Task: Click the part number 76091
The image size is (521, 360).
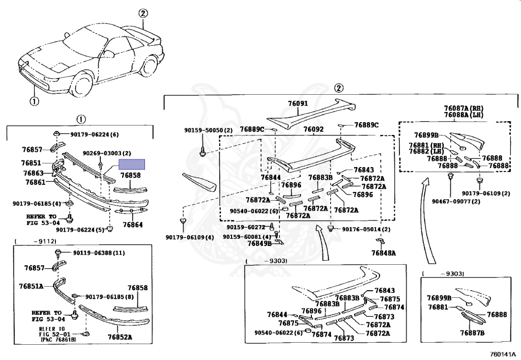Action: (298, 103)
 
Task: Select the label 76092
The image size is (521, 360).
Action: (313, 130)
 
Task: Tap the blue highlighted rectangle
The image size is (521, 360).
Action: (132, 164)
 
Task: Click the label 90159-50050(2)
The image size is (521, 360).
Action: (208, 130)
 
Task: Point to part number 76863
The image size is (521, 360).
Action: (32, 173)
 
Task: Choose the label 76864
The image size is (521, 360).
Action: (132, 225)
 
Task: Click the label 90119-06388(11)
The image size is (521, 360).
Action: (98, 253)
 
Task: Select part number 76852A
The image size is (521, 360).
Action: (120, 337)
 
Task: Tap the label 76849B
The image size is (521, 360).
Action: (259, 243)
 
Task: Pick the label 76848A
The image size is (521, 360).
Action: (383, 253)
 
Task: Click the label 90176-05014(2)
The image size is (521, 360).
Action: (366, 229)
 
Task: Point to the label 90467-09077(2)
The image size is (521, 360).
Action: (456, 202)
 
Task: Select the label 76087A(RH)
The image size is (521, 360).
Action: (463, 108)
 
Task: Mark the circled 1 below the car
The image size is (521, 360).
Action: (34, 101)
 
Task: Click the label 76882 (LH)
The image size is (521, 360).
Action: (426, 152)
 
